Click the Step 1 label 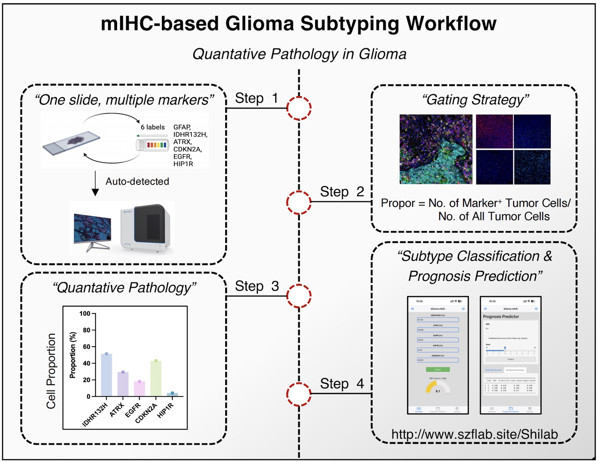pos(257,98)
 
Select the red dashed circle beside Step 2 pos(299,202)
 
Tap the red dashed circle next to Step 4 pos(299,394)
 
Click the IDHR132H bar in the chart pos(106,375)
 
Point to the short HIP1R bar pos(172,395)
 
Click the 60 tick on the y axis pos(87,347)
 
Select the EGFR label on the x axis pos(133,410)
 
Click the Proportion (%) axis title pos(73,355)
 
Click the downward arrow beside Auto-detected pos(95,183)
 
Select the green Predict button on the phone pos(438,369)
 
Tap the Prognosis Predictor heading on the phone pos(501,317)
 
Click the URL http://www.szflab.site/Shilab pos(474,434)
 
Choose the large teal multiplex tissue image pos(436,149)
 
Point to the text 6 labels pos(153,127)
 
